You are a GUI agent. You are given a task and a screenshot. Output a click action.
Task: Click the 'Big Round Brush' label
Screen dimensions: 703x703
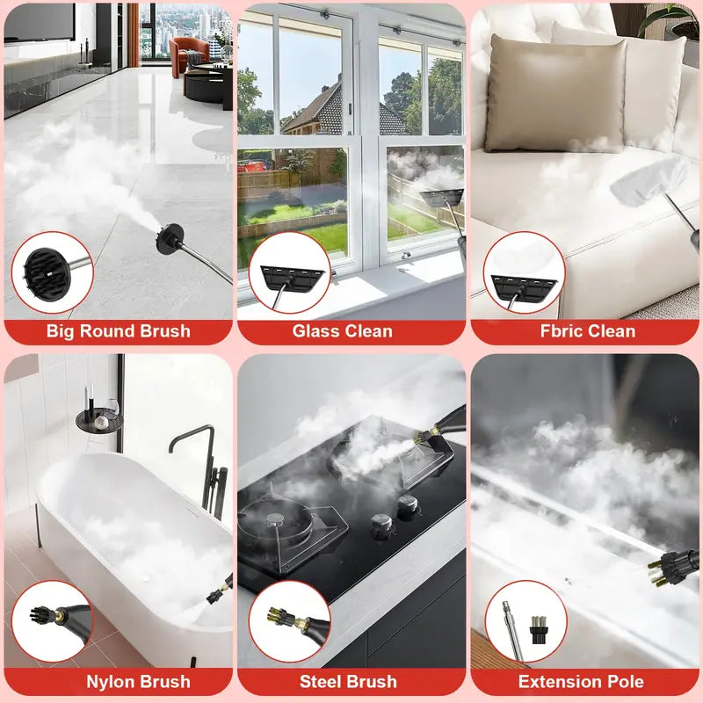click(118, 331)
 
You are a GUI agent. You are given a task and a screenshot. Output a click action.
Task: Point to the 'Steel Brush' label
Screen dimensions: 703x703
click(348, 682)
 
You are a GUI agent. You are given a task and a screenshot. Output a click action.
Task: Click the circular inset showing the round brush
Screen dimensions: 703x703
click(52, 272)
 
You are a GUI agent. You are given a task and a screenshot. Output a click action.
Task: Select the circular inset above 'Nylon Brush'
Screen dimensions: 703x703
click(52, 620)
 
